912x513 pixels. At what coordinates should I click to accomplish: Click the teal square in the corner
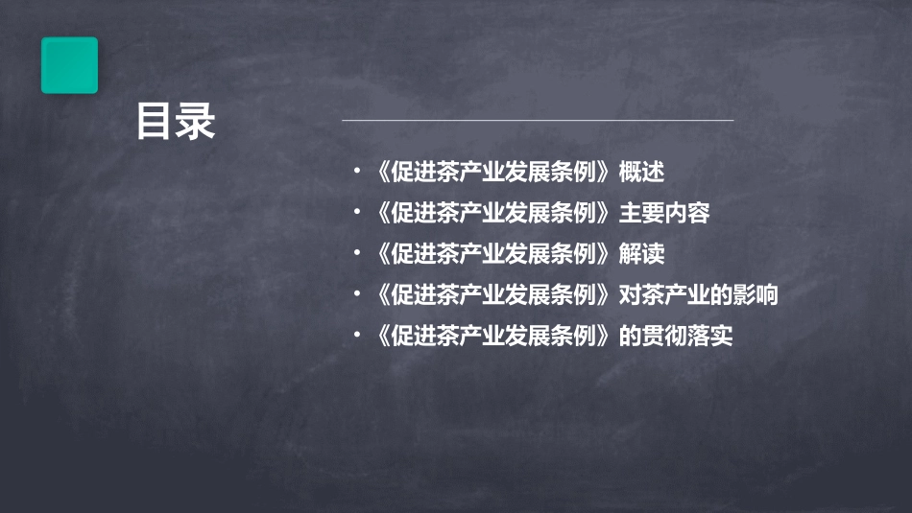point(69,65)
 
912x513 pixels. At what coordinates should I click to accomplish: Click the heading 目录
point(175,122)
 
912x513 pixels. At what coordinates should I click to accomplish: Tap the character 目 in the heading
point(155,122)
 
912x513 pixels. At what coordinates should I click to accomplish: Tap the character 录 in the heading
point(196,122)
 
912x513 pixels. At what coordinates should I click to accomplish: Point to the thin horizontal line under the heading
point(538,121)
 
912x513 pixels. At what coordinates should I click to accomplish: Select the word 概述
point(641,173)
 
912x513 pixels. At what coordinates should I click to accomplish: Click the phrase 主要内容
point(664,214)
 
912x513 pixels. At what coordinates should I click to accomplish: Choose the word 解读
point(641,255)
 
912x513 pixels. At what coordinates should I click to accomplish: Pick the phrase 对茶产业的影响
point(698,296)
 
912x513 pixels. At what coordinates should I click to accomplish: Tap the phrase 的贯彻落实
point(676,337)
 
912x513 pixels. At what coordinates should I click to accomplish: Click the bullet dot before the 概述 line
point(357,174)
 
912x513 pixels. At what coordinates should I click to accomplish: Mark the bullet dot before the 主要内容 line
point(357,215)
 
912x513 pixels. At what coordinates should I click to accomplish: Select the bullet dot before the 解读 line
point(357,255)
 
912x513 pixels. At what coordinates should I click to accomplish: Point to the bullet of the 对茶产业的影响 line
point(357,296)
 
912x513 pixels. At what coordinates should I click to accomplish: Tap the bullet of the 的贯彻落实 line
point(357,337)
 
